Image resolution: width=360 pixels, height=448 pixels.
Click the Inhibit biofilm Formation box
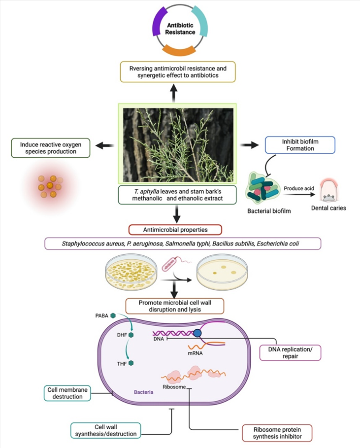click(x=300, y=144)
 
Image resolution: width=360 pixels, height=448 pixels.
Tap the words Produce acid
click(x=298, y=188)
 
